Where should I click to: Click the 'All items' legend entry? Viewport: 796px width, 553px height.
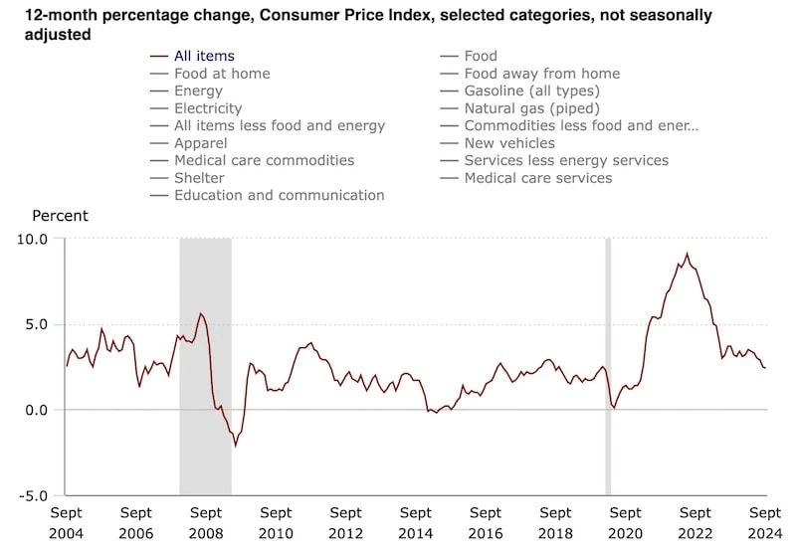pos(204,57)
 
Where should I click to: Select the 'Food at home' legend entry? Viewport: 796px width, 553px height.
pos(221,74)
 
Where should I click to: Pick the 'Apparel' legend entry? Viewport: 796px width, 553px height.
pos(200,143)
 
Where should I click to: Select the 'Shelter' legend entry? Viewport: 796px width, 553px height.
pos(199,178)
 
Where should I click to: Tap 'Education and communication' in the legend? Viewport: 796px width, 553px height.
pos(279,195)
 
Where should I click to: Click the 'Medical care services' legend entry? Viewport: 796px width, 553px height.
pos(537,178)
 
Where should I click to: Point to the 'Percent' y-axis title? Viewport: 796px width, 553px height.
pos(61,216)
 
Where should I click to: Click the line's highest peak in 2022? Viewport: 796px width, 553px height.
pos(687,254)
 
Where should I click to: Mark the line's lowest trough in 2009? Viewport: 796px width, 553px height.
pos(236,446)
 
